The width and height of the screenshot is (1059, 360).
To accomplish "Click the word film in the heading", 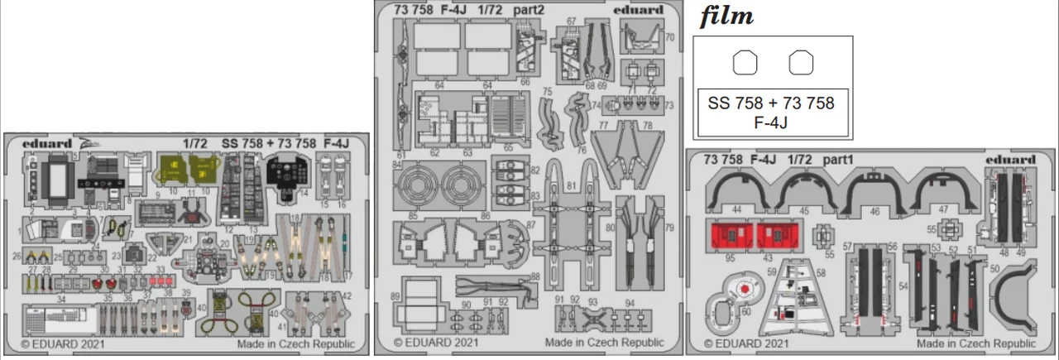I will tap(726, 17).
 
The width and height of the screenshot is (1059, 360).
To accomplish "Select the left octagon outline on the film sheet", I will tap(745, 62).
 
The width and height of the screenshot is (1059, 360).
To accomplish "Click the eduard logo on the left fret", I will tap(47, 142).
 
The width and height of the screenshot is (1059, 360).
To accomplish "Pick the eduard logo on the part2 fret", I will tap(639, 10).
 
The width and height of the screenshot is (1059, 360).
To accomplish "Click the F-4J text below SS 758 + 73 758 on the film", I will tap(771, 123).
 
